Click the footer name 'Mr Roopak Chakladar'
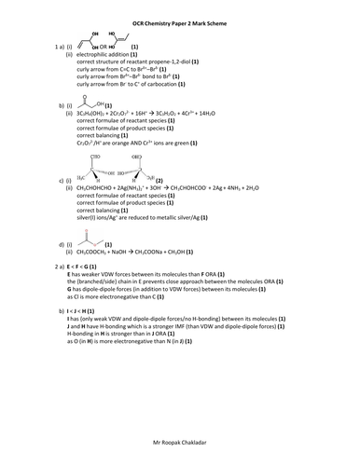tap(180, 436)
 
